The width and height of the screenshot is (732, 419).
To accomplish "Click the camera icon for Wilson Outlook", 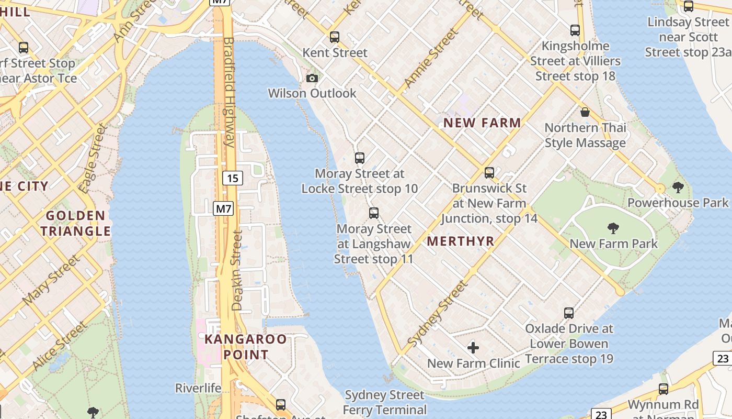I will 312,78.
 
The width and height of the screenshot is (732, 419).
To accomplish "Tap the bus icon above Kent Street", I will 335,37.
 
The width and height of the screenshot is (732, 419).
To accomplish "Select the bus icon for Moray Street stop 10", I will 359,158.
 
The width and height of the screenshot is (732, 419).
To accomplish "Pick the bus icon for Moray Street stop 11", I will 373,213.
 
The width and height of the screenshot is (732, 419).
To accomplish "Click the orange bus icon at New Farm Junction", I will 489,172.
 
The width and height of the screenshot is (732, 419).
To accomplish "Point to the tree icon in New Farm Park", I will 613,228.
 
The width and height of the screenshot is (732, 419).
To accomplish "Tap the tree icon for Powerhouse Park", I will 678,187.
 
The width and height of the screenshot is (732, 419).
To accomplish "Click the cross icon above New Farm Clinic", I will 473,348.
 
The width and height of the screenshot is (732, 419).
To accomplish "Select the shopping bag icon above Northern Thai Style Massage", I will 585,112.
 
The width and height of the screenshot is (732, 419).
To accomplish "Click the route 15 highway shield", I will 233,178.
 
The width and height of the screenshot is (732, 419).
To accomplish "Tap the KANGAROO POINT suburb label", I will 245,347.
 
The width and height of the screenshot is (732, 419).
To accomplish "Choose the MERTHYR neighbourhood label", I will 461,241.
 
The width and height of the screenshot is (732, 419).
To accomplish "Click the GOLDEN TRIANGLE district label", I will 76,223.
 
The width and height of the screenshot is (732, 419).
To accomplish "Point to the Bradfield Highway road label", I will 229,92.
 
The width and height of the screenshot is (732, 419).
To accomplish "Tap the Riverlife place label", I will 198,388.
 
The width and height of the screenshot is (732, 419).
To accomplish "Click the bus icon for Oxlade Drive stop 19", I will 569,313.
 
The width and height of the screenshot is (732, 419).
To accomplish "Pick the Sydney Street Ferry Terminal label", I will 385,402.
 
